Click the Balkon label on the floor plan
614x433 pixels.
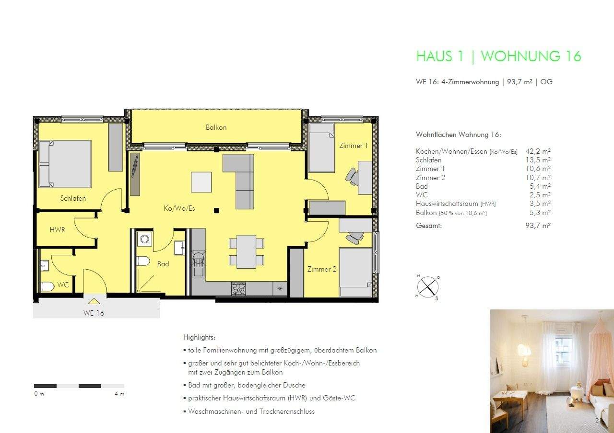(x=216, y=127)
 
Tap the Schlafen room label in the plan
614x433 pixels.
(x=73, y=198)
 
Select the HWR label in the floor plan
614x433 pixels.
(x=57, y=230)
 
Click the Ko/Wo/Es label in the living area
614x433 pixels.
(x=179, y=208)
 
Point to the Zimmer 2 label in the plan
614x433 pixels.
(x=322, y=269)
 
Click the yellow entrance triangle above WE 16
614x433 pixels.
(x=94, y=301)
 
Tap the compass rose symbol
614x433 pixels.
(x=427, y=287)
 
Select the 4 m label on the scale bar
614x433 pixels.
(x=119, y=394)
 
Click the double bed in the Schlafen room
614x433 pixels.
(x=65, y=164)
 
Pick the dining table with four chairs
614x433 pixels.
(x=246, y=251)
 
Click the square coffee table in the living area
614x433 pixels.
(x=201, y=182)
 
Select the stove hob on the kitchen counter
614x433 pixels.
(x=238, y=288)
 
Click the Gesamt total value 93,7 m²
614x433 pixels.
(x=538, y=226)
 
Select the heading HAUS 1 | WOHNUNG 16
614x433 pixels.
(x=498, y=56)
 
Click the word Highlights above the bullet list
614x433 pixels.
(x=199, y=337)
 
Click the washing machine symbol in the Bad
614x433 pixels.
(x=143, y=238)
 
